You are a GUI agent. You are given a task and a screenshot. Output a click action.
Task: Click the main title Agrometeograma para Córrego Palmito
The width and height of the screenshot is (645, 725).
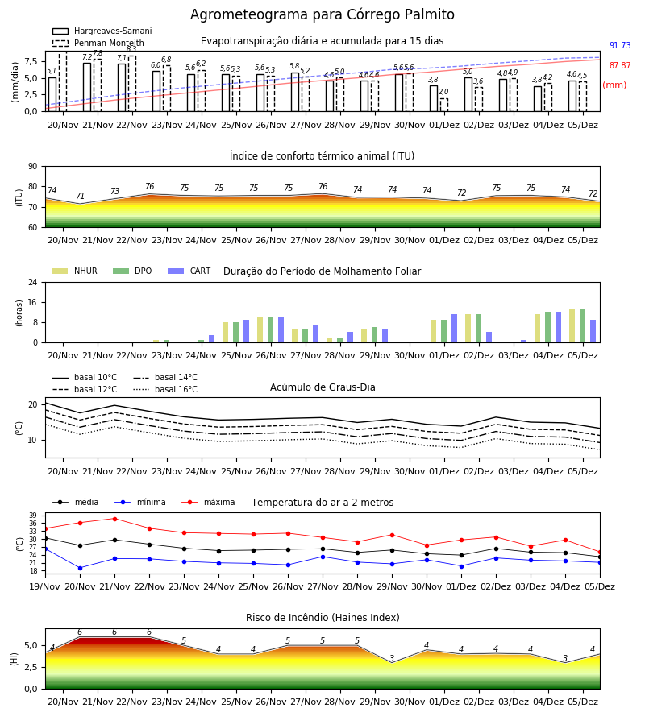point(322,14)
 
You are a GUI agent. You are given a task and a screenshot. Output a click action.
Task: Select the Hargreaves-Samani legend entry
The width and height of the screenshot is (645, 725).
point(102,31)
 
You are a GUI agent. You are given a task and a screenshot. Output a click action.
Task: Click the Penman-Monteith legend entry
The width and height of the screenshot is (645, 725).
point(98,43)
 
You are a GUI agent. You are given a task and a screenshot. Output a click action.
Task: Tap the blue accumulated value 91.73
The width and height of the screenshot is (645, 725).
point(620,45)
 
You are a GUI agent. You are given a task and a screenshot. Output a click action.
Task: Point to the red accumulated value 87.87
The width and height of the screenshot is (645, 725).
point(620,66)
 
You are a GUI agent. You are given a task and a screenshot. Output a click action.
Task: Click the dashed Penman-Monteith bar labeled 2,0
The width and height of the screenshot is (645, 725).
point(443,105)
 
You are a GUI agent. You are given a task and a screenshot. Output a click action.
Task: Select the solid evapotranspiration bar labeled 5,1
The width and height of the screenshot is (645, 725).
point(52,94)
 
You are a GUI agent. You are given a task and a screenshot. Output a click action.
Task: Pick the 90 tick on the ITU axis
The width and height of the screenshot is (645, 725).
point(33,167)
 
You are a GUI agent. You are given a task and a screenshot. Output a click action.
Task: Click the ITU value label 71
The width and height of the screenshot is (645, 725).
point(80,196)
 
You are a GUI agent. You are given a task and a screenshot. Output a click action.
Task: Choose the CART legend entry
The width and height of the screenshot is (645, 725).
point(189,271)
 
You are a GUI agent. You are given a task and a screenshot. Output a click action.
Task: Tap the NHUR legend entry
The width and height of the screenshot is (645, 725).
point(75,271)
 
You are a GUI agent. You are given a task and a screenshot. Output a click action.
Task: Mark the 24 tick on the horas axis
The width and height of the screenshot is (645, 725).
point(33,283)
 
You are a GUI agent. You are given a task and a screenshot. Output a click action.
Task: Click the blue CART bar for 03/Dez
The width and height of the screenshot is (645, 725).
point(524,342)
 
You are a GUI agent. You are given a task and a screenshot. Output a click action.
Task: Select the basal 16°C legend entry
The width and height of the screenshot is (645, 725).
point(165,389)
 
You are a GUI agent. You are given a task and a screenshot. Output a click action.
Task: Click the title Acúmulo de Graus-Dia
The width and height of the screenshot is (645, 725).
point(322,387)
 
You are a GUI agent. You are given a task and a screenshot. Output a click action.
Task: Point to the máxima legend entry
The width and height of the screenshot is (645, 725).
point(208,502)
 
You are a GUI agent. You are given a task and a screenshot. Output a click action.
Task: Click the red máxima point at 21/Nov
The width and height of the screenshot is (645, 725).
point(114,519)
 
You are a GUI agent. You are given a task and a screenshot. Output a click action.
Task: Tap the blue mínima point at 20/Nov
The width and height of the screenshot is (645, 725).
point(80,568)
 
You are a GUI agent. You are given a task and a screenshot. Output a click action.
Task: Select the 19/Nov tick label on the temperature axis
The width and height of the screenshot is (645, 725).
point(44,586)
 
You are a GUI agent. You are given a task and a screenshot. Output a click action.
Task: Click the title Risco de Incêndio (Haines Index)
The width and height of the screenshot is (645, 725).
point(322,618)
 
